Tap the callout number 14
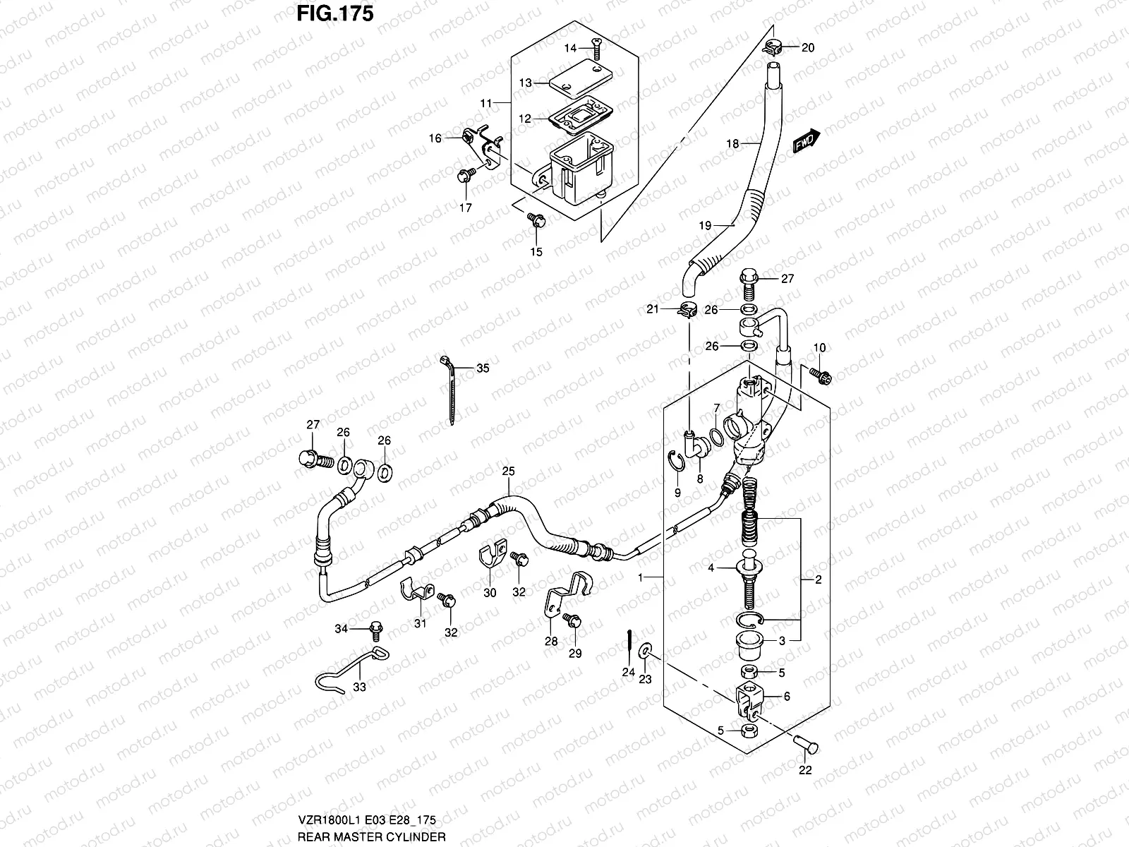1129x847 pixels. (x=570, y=48)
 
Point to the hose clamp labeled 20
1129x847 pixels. (x=774, y=48)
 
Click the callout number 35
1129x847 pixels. (x=483, y=368)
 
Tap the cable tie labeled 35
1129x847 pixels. (x=448, y=395)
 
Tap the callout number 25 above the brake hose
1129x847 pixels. (x=509, y=471)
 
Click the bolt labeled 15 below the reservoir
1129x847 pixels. (x=536, y=222)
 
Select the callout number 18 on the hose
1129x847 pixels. (x=732, y=144)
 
